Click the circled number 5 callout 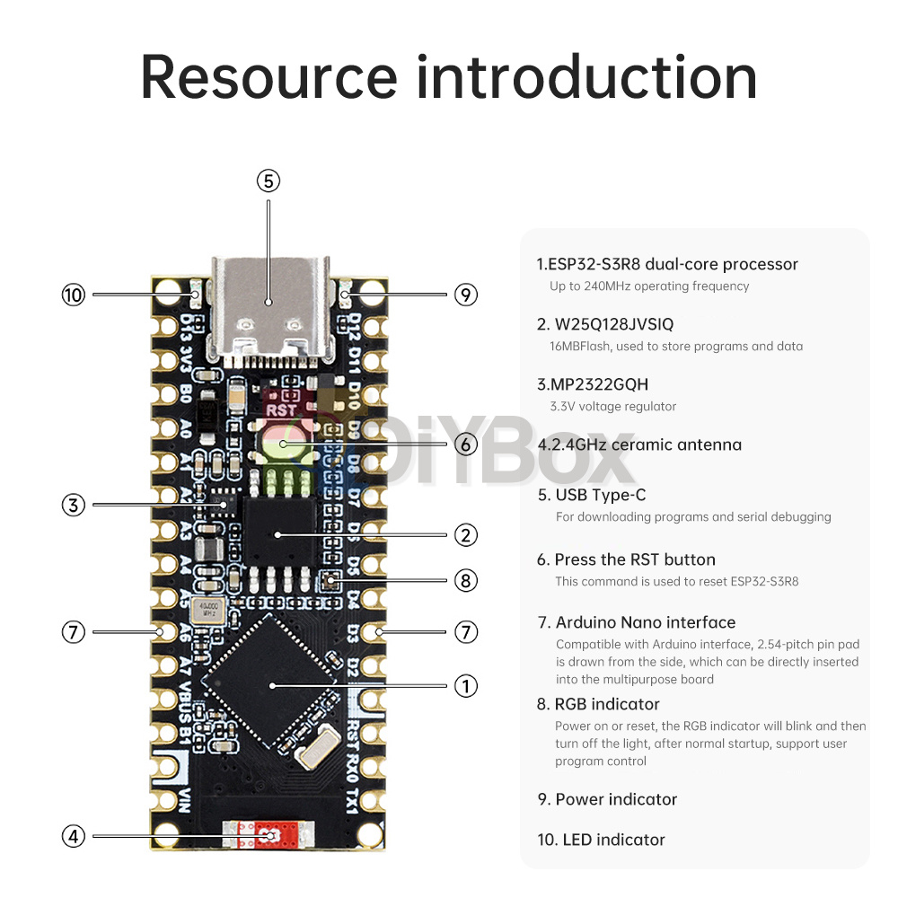point(269,180)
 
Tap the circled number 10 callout point(73,294)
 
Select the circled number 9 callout point(465,294)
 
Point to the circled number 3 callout point(73,505)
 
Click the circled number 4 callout point(73,836)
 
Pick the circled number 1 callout point(465,686)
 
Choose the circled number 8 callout point(465,581)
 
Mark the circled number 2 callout point(465,535)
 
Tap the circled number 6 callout point(465,444)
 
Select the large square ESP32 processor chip point(271,684)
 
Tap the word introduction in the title point(586,77)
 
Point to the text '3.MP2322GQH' point(593,384)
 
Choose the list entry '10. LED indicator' point(601,840)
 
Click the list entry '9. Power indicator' point(607,799)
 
